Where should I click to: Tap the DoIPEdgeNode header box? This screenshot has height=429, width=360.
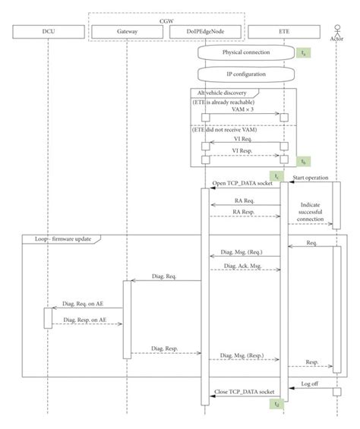204,31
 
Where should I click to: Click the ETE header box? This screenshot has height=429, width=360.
284,31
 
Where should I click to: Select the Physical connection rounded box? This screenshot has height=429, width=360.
245,53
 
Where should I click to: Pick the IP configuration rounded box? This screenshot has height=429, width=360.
245,75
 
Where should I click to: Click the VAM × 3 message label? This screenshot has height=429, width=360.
245,109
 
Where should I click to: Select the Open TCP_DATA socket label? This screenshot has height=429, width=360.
244,185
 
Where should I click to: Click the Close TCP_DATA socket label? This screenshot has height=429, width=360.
244,392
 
